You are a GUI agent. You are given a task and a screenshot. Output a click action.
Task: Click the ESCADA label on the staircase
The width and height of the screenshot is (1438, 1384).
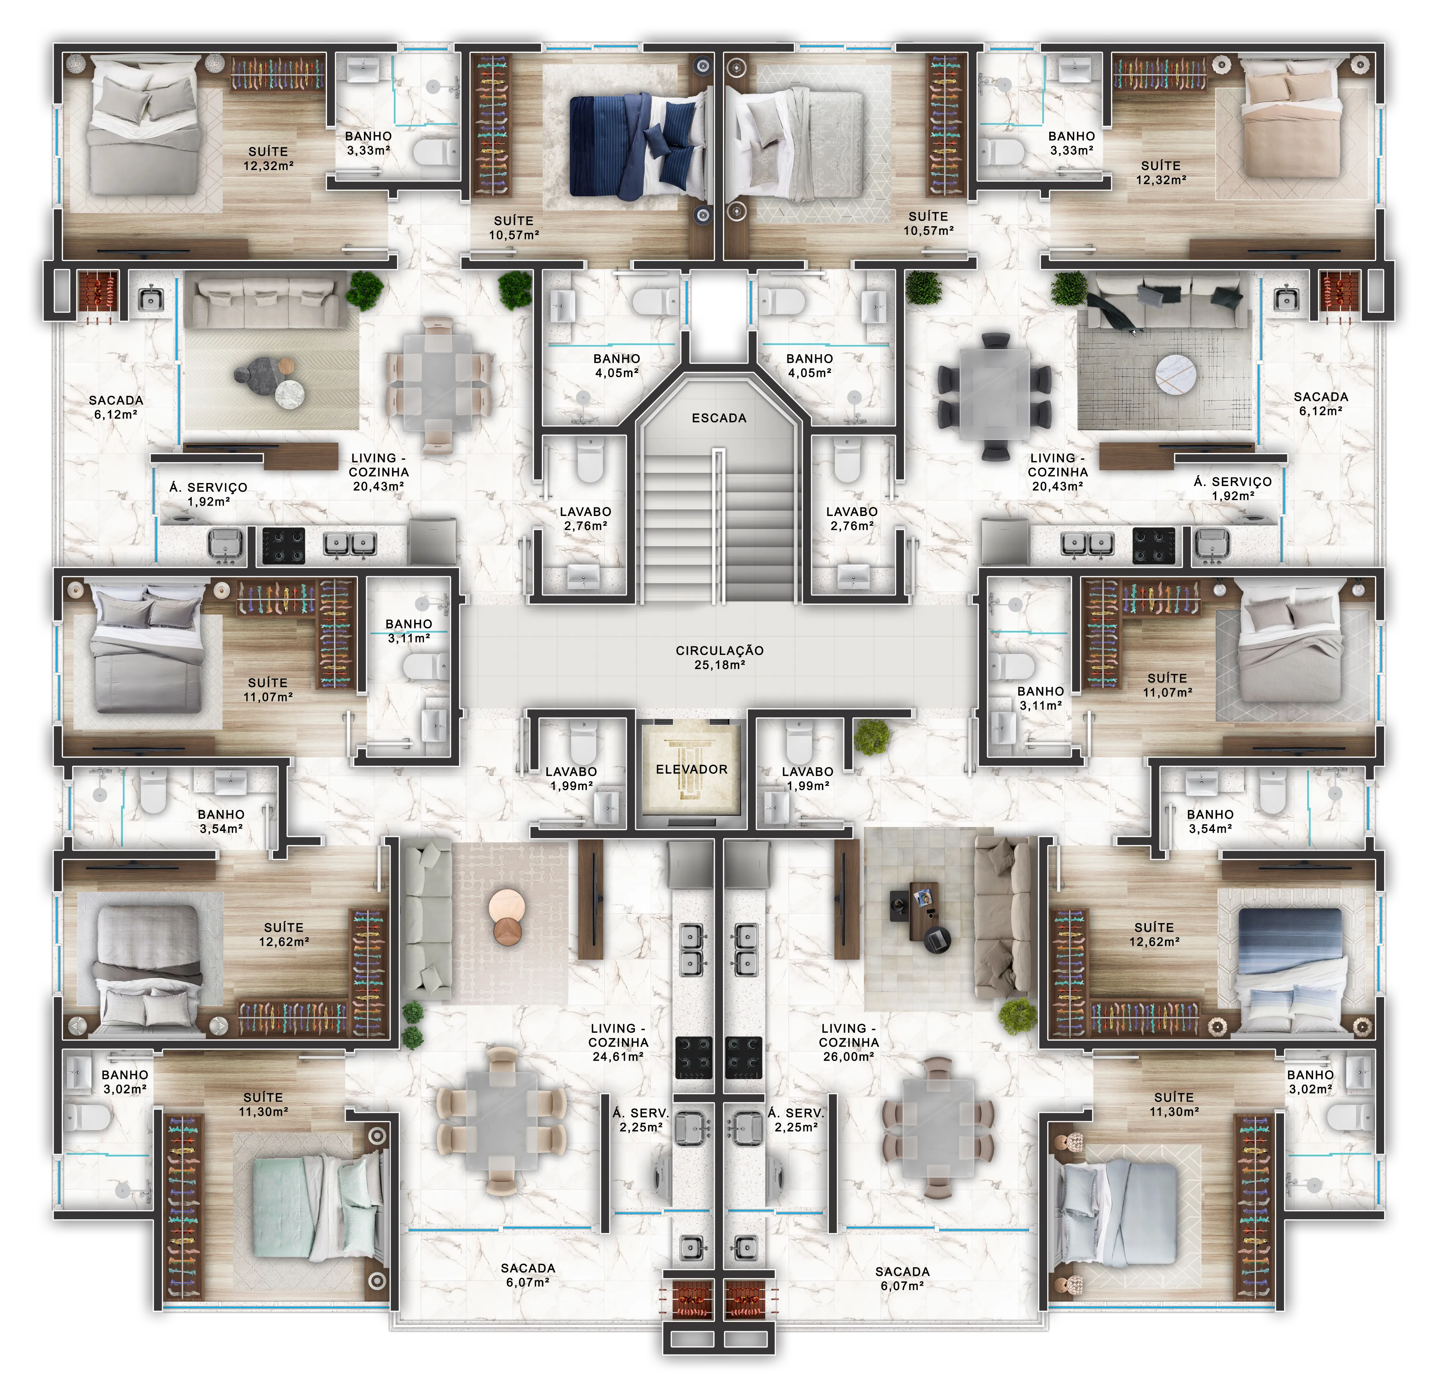pyautogui.click(x=719, y=418)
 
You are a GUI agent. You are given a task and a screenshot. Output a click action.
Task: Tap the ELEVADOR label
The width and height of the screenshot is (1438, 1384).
pyautogui.click(x=691, y=770)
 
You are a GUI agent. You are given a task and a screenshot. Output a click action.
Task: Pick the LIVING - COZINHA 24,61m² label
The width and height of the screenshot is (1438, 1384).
pyautogui.click(x=618, y=1042)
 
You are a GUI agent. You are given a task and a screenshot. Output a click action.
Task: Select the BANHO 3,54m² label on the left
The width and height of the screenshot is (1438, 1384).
pyautogui.click(x=221, y=822)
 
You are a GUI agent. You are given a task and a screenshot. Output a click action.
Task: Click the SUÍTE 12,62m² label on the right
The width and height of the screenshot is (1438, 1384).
pyautogui.click(x=1154, y=934)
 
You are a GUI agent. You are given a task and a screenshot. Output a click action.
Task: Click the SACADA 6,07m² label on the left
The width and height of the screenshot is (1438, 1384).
pyautogui.click(x=528, y=1275)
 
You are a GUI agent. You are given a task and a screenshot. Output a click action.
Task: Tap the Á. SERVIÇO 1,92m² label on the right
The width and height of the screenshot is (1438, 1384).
pyautogui.click(x=1232, y=488)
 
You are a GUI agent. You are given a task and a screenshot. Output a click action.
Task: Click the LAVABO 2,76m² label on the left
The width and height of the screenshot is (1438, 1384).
pyautogui.click(x=585, y=519)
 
